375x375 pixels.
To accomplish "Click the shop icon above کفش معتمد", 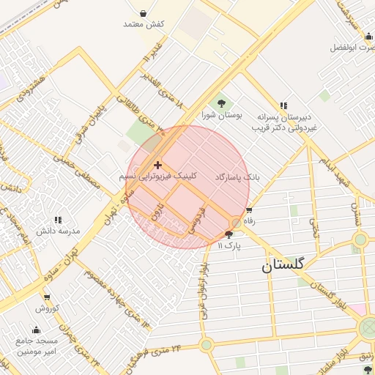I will (x=143, y=13).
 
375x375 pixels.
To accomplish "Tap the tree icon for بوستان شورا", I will (x=220, y=103).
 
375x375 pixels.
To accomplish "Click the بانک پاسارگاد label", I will (x=238, y=177).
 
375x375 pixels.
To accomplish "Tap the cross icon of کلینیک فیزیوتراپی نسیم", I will (x=157, y=166).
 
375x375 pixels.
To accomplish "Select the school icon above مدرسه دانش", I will (x=57, y=219).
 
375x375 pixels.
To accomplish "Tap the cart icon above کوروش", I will (x=47, y=297).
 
